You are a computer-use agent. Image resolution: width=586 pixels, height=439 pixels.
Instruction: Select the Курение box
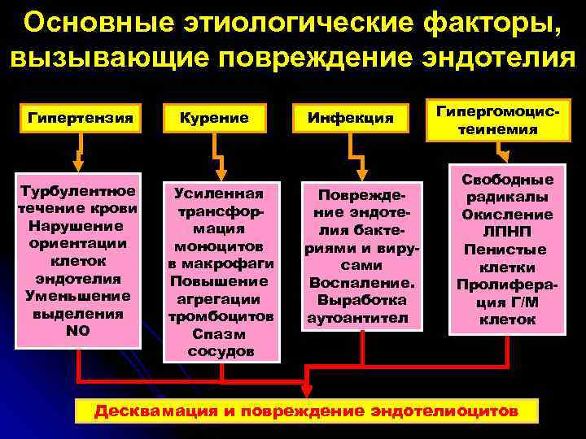click(x=216, y=118)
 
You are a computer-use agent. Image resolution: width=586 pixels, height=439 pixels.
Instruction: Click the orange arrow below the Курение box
click(x=216, y=154)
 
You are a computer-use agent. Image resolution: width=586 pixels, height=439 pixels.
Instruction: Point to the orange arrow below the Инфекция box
click(x=356, y=154)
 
